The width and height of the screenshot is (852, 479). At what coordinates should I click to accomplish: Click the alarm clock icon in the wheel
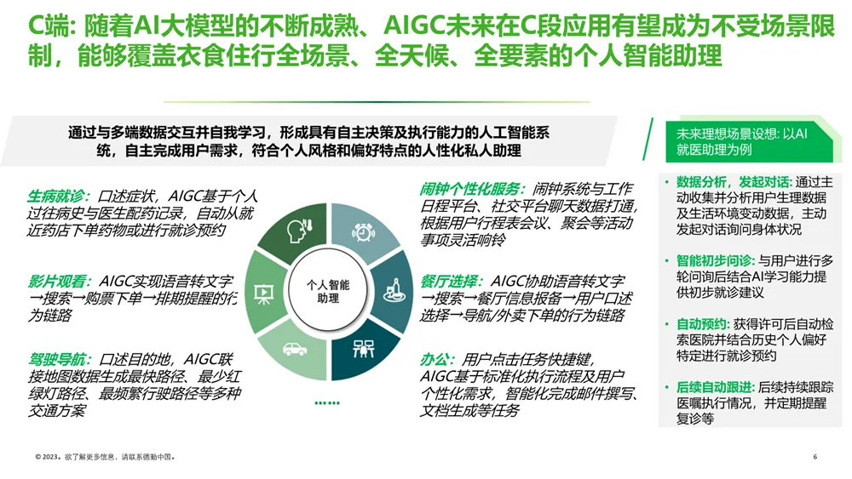tap(363, 232)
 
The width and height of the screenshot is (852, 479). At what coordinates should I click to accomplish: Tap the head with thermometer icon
tap(299, 231)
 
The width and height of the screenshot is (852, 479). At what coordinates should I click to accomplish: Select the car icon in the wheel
tap(295, 349)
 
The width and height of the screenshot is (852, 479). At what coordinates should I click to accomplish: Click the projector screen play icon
tap(264, 294)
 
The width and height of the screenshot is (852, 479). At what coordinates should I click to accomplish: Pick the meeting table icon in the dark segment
tap(363, 348)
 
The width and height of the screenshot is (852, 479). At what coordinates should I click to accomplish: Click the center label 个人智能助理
tap(328, 291)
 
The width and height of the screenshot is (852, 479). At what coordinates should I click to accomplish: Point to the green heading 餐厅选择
tap(451, 281)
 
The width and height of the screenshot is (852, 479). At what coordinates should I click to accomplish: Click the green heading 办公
tap(437, 359)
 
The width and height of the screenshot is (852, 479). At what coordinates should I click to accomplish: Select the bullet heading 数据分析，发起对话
tap(734, 182)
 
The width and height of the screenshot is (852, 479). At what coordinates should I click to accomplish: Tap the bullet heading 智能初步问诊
tap(717, 260)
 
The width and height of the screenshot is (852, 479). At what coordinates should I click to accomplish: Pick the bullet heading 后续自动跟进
tap(715, 387)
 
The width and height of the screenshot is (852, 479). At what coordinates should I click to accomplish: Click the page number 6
tap(815, 457)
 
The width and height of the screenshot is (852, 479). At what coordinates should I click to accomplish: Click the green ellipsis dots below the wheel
tap(327, 402)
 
